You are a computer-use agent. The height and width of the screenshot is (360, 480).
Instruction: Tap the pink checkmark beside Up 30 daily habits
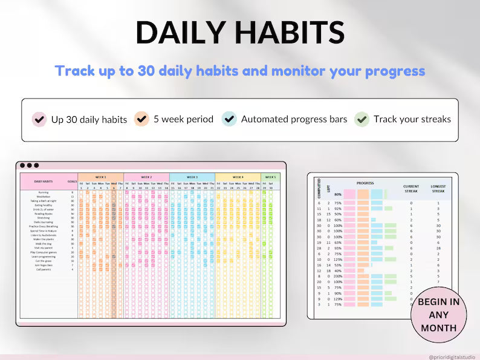click(39, 119)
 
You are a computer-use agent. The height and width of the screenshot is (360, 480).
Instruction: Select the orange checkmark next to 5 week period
click(142, 119)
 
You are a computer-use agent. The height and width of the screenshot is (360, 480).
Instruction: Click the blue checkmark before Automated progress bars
click(229, 119)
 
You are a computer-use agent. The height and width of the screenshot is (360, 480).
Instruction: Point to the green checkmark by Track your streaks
click(362, 119)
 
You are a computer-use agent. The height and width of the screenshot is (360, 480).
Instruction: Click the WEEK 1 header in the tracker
click(100, 177)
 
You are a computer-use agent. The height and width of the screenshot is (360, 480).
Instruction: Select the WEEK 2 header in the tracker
click(146, 177)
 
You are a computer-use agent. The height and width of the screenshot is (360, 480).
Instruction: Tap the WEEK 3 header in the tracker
click(192, 177)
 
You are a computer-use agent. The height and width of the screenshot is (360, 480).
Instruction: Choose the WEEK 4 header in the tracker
click(238, 177)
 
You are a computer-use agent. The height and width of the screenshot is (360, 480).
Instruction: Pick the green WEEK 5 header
click(270, 177)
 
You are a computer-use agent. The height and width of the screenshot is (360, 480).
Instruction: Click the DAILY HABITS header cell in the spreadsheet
click(43, 182)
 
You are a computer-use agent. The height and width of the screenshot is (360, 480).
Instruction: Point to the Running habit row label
click(43, 192)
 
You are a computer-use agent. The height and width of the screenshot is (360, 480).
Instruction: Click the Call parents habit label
click(43, 269)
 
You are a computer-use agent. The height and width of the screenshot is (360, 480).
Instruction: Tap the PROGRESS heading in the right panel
click(365, 182)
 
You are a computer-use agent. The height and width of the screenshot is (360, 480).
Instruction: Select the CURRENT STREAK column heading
click(411, 188)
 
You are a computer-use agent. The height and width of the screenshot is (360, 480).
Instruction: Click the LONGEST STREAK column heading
click(438, 188)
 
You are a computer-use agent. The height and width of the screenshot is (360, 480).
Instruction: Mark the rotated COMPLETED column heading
click(319, 188)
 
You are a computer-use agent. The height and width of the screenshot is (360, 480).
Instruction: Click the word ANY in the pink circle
click(439, 315)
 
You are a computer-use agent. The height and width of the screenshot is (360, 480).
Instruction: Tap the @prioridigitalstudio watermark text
click(452, 357)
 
